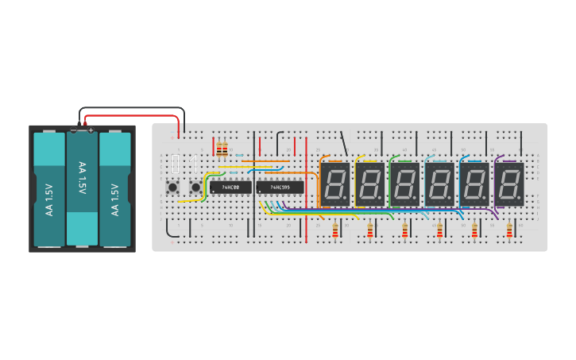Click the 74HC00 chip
tap(230, 188)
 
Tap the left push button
tap(172, 188)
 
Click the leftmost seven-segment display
tap(334, 184)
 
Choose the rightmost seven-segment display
tap(509, 184)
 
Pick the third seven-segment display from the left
tap(404, 184)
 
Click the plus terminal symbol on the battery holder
tap(91, 130)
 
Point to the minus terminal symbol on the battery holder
tap(74, 130)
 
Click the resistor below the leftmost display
tap(334, 230)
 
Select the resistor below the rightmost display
tap(509, 230)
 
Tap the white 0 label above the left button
tap(175, 165)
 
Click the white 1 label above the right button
tap(192, 165)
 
